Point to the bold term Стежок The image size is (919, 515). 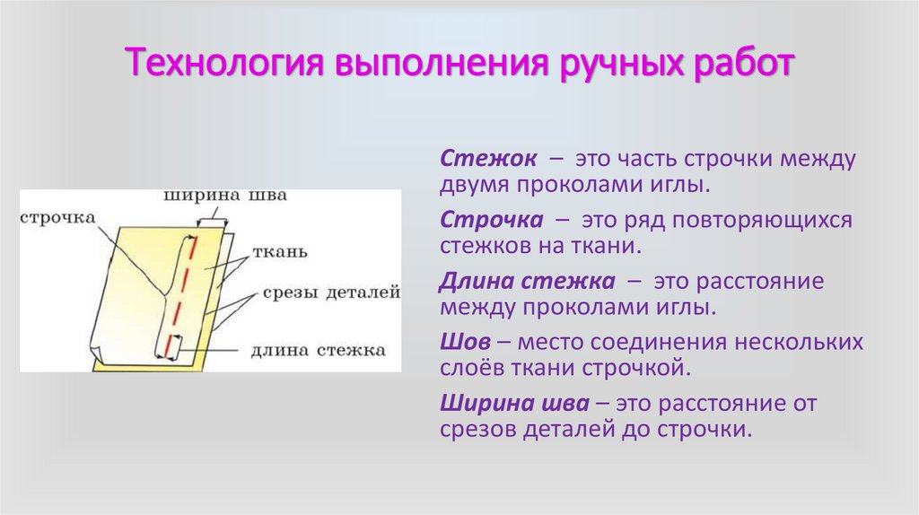pos(488,159)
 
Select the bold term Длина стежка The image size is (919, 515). pos(527,281)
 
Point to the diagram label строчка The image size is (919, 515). pos(57,217)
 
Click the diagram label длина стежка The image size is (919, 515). pos(318,349)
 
